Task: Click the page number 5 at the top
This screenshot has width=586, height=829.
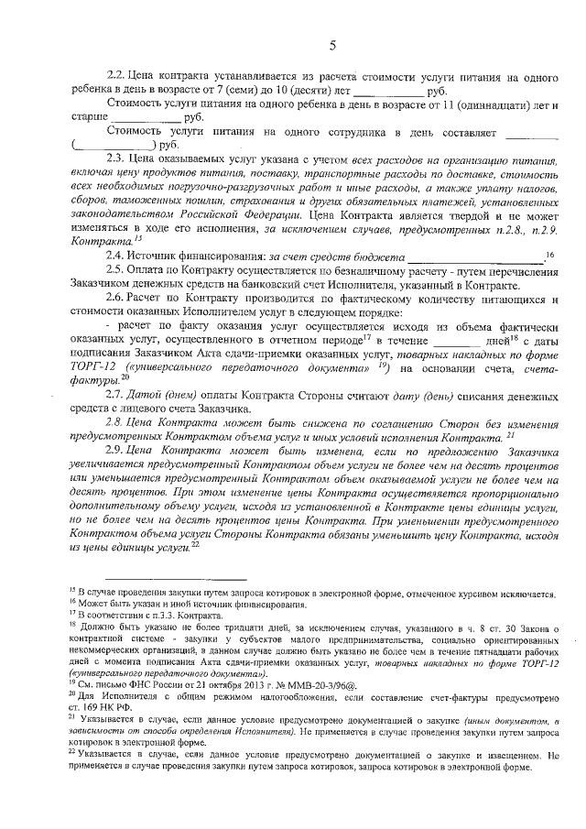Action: (x=332, y=46)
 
